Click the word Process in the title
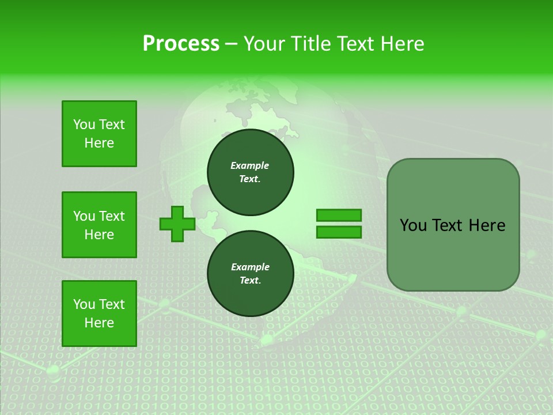(181, 43)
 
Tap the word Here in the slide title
(402, 43)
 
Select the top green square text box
(99, 134)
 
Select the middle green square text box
(99, 225)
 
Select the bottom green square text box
(99, 314)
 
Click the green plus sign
(177, 224)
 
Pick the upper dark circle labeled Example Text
(251, 172)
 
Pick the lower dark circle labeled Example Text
(251, 274)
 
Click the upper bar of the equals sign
(339, 216)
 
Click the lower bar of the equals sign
(339, 232)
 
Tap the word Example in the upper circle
(250, 165)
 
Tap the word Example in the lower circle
(250, 267)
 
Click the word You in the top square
(84, 124)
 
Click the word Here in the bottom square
(99, 323)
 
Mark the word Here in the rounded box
(487, 225)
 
